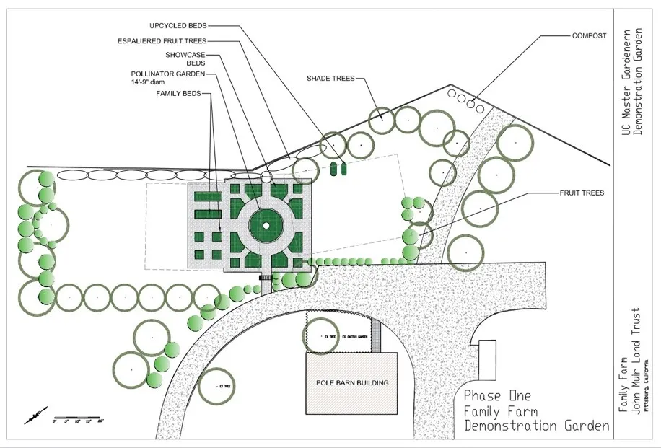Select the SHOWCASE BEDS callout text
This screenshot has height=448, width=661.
(x=177, y=58)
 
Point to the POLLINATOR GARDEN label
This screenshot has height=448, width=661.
(x=168, y=74)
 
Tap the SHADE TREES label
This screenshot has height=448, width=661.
(x=330, y=78)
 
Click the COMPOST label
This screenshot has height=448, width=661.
(x=589, y=35)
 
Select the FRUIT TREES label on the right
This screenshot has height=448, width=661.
(x=582, y=193)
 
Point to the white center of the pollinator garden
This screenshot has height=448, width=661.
(x=265, y=226)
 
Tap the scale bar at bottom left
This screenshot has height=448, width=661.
(x=78, y=418)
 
